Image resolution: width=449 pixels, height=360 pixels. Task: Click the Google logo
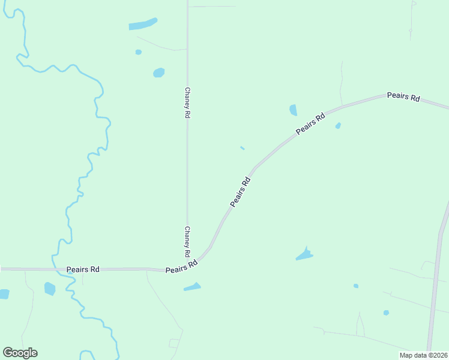click(x=20, y=353)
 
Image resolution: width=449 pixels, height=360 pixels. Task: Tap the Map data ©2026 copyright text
click(x=423, y=355)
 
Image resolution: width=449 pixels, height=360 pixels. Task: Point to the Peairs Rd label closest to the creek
click(x=83, y=270)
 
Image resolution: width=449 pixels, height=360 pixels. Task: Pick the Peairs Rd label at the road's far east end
click(x=403, y=97)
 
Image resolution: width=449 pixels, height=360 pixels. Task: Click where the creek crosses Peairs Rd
click(x=59, y=269)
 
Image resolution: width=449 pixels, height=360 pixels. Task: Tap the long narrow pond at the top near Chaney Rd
click(x=143, y=25)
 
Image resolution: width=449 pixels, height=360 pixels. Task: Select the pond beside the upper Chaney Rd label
click(x=158, y=73)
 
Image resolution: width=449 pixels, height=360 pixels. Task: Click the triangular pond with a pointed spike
click(x=305, y=255)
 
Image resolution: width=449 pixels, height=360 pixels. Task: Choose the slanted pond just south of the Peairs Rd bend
click(x=192, y=287)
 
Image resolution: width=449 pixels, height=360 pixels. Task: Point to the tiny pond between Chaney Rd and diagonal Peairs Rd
click(x=242, y=148)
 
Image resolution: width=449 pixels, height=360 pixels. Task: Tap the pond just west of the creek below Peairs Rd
click(x=49, y=289)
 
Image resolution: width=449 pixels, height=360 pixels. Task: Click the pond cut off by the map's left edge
click(x=4, y=294)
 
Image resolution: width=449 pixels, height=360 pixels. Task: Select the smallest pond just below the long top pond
click(x=139, y=52)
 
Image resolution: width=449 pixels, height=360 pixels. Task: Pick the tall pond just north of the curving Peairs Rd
click(x=293, y=110)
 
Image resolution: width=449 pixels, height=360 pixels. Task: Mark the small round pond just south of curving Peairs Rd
click(x=338, y=125)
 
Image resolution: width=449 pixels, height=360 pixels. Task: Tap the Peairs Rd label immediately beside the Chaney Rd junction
click(x=182, y=267)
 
